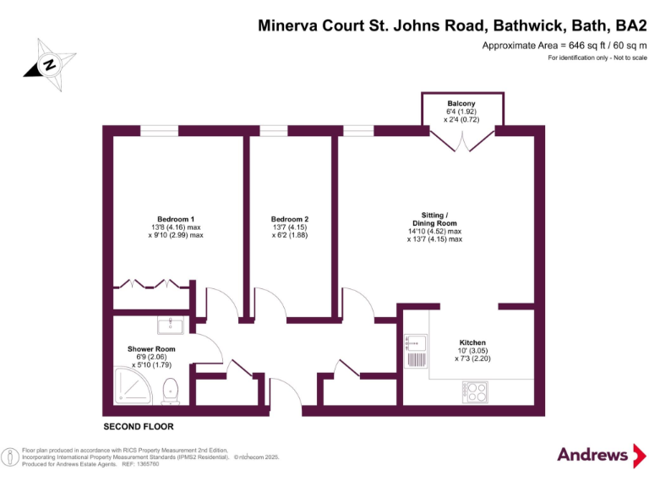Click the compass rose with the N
pyautogui.click(x=50, y=64)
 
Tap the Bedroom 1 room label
pyautogui.click(x=176, y=220)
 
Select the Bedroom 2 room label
pyautogui.click(x=289, y=220)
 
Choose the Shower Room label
pyautogui.click(x=151, y=349)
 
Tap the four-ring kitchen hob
pyautogui.click(x=474, y=391)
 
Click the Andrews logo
pyautogui.click(x=593, y=455)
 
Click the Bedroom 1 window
pyautogui.click(x=159, y=130)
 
